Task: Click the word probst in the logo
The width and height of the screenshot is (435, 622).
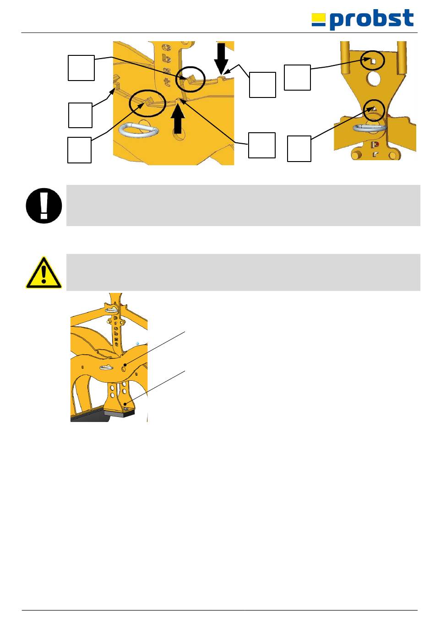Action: pos(372,19)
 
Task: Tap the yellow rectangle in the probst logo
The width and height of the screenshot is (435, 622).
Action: pos(318,17)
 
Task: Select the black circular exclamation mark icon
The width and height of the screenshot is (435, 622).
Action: pos(44,206)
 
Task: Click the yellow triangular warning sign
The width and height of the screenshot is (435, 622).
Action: pos(43,272)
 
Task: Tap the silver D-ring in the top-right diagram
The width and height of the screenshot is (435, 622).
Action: pos(370,128)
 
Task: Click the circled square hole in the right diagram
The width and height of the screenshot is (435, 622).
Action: pos(373,61)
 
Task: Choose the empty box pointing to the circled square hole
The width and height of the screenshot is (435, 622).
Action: pos(297,77)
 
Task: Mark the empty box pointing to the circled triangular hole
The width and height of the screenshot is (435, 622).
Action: pos(299,149)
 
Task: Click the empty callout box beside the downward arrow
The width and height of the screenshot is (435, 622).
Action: pos(262,85)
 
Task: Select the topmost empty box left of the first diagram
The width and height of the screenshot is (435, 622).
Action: pos(81,68)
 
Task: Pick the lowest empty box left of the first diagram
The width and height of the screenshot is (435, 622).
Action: pos(79,150)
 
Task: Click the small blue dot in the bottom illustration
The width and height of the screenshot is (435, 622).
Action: pos(137,343)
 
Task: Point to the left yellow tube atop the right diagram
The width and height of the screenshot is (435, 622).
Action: pos(345,58)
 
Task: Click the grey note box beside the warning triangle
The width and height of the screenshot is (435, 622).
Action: pos(243,272)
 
